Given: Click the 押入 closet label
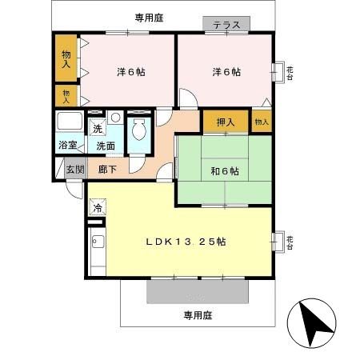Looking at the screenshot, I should click(226, 122).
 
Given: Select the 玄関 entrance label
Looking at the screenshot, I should click(74, 170).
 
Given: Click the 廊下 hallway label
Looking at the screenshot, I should click(108, 170).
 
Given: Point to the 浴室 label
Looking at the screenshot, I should click(67, 146).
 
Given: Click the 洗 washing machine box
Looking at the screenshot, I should click(97, 130).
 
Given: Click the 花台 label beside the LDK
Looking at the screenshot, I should click(290, 239).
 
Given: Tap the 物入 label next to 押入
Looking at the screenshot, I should click(262, 122).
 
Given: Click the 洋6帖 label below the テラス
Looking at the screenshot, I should click(226, 72).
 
